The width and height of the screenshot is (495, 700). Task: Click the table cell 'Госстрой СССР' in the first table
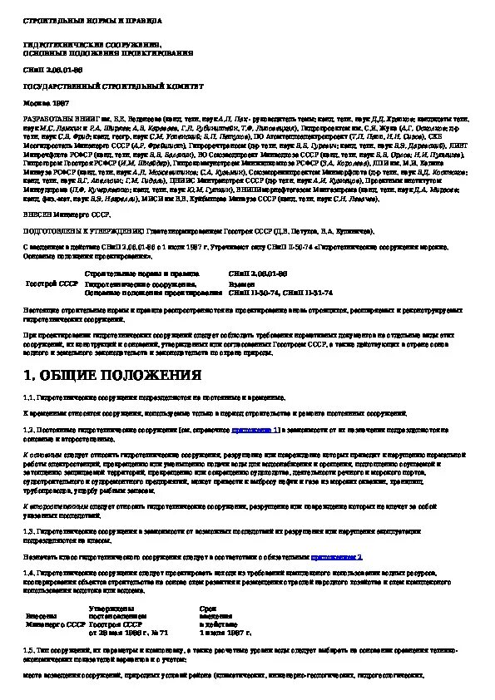point(52,283)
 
